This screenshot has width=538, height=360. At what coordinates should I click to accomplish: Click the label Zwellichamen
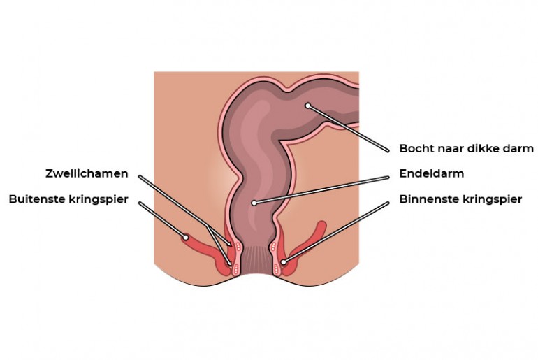[87, 173]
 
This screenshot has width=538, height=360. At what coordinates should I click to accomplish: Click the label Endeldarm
[432, 173]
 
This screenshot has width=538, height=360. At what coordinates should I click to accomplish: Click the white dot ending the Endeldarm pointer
[254, 203]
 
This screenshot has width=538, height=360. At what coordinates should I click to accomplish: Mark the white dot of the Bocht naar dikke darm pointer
[307, 106]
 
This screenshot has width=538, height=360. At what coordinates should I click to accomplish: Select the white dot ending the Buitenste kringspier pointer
[186, 237]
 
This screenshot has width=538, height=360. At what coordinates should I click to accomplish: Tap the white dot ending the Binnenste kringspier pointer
[284, 262]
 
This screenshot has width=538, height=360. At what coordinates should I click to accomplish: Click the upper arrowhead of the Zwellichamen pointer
[229, 243]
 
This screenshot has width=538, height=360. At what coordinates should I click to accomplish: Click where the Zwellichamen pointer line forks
[208, 226]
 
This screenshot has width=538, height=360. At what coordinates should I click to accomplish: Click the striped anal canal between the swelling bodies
[254, 259]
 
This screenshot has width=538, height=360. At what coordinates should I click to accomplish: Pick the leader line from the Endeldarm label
[322, 190]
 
